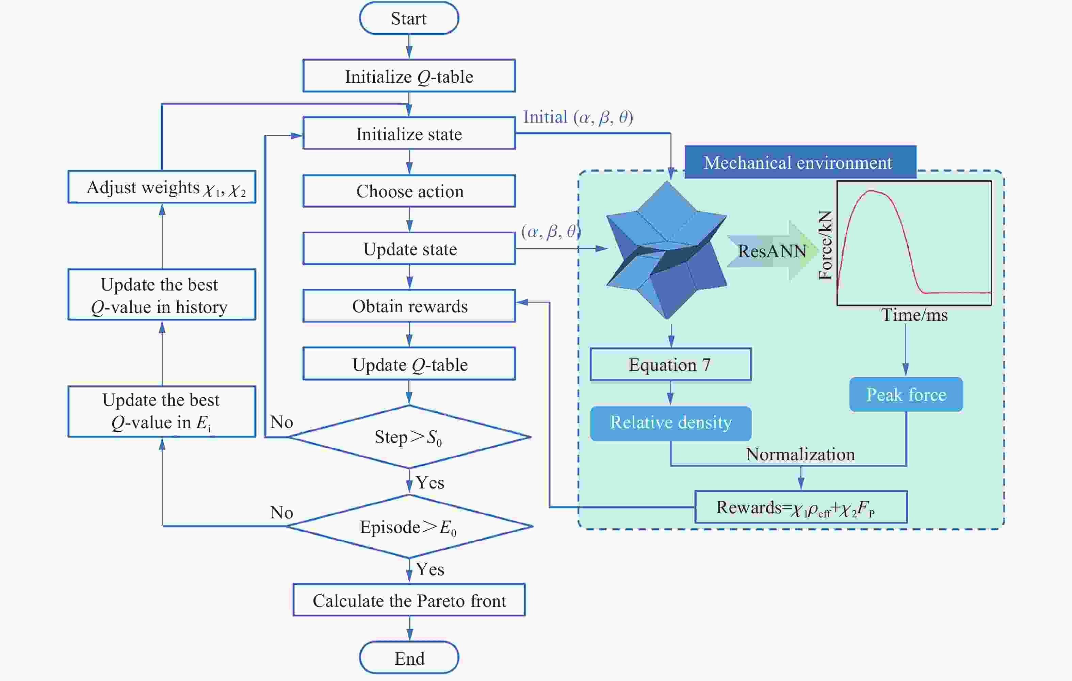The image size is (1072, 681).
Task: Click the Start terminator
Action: (409, 18)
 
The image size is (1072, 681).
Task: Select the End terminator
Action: (409, 658)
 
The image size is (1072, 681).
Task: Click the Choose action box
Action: (409, 191)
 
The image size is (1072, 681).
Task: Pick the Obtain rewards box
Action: (409, 306)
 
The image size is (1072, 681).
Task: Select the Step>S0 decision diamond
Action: (409, 437)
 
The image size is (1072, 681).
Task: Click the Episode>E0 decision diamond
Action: (409, 527)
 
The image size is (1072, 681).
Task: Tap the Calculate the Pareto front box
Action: (409, 600)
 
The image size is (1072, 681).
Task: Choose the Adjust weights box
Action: (162, 187)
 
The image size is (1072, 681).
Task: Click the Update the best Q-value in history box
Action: (162, 294)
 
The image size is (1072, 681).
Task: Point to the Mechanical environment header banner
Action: (800, 162)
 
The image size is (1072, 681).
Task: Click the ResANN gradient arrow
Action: (773, 251)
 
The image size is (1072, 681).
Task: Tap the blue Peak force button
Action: (906, 394)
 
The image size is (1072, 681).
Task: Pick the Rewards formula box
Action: (801, 507)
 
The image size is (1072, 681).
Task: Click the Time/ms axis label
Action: (914, 315)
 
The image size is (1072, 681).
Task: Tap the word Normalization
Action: (800, 454)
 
